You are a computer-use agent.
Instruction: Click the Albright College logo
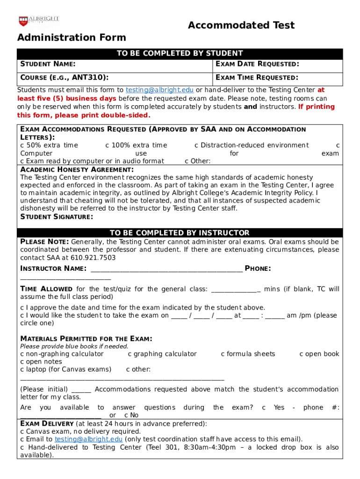(39, 21)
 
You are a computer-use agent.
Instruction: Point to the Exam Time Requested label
(257, 78)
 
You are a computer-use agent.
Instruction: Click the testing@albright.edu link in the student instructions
(159, 90)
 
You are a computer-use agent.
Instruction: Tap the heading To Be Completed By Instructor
(180, 233)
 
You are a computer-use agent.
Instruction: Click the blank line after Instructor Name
(166, 269)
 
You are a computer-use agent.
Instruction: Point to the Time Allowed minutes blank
(236, 290)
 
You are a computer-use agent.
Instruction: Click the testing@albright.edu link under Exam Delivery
(88, 439)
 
